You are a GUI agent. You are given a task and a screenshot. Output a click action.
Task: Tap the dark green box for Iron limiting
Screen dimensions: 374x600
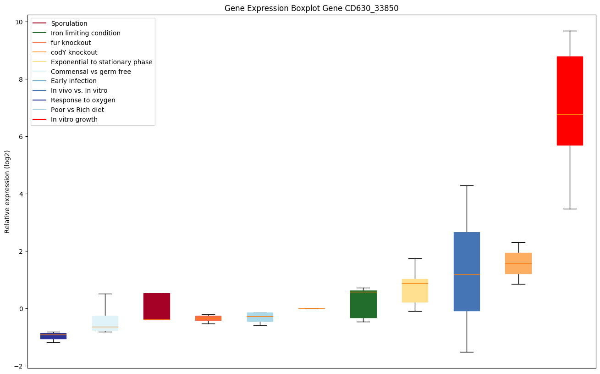[363, 304]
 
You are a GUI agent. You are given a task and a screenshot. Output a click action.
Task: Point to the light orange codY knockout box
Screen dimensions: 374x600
[518, 263]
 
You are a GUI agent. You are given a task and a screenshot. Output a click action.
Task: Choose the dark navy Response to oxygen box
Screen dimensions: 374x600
[53, 336]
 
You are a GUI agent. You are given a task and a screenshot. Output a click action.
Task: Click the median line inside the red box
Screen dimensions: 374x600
[570, 114]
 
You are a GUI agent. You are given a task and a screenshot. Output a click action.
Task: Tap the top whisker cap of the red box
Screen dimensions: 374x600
[570, 31]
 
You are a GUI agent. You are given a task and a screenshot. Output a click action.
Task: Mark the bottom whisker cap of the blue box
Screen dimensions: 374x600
[467, 352]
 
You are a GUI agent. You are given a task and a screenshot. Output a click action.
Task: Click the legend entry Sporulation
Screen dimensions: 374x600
[69, 23]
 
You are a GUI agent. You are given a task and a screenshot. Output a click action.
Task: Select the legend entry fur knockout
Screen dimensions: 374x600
[71, 43]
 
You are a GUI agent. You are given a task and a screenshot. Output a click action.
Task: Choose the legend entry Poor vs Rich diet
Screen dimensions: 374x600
[77, 110]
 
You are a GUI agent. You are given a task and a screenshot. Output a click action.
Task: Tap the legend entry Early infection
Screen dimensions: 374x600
[74, 81]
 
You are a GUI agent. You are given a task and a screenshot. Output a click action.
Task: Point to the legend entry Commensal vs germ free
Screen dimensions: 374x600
[91, 72]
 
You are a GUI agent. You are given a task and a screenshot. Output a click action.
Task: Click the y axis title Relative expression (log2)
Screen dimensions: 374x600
[7, 191]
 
